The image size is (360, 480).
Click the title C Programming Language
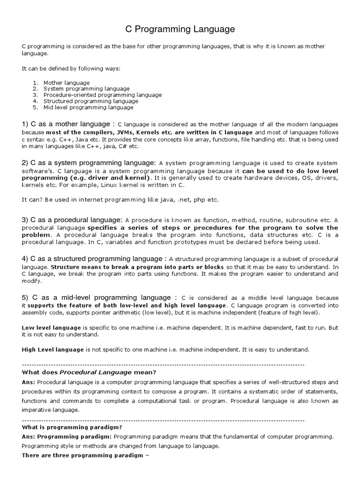tap(180, 30)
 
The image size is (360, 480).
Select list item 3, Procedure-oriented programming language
tap(102, 95)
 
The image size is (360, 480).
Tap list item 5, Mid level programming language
tap(88, 107)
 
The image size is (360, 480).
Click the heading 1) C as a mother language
tap(68, 124)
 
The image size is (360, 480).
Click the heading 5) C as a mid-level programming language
tap(99, 297)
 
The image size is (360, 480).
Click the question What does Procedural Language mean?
tap(89, 373)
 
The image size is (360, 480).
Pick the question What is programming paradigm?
tap(72, 427)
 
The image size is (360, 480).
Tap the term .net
tap(181, 199)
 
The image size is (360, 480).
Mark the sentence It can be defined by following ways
tap(71, 68)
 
